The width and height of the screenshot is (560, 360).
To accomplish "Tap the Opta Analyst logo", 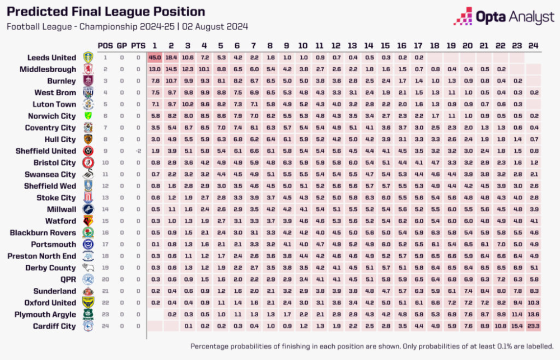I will click(504, 17).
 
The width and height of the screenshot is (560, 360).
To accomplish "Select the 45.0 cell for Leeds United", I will click(155, 58).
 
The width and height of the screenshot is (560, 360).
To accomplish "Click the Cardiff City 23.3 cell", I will click(534, 326).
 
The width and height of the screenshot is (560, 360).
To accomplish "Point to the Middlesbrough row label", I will click(48, 69).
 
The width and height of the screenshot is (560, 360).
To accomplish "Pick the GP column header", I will click(121, 45).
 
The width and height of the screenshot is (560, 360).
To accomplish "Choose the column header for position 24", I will click(534, 45).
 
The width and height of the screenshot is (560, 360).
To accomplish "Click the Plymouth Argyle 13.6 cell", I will click(534, 315).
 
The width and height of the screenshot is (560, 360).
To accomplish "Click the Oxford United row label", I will click(49, 303).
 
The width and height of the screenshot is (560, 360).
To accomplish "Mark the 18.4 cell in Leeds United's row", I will click(171, 58).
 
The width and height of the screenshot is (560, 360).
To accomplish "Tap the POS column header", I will click(105, 45).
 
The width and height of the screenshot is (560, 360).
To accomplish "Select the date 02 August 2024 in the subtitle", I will click(214, 26).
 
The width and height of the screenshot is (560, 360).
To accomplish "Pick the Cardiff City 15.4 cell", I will click(517, 326).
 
